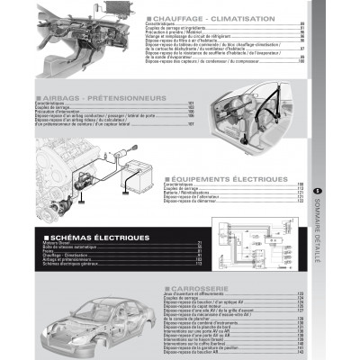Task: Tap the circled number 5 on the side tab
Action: tap(318, 189)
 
